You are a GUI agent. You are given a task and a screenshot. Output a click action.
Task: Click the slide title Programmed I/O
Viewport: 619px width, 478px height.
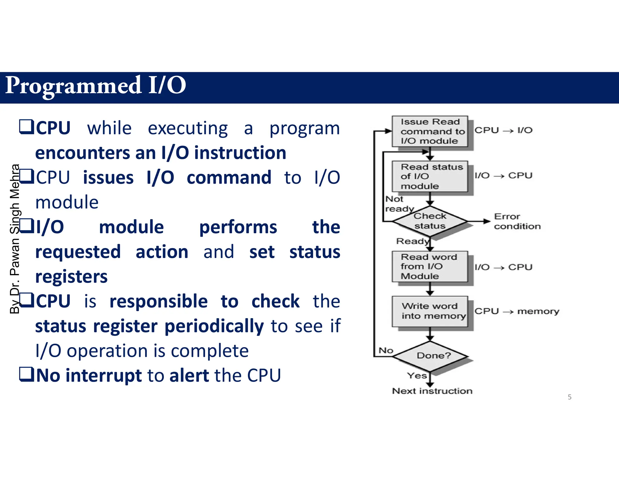[x=96, y=86]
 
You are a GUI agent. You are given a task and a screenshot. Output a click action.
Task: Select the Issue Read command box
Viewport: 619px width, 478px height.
[x=429, y=131]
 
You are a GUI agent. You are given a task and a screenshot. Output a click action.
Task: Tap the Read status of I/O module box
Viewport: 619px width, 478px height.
[x=429, y=176]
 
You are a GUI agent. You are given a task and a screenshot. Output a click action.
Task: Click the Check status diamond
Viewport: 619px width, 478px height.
[x=429, y=221]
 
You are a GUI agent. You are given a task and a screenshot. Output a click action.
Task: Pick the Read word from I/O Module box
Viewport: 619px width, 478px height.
[x=429, y=266]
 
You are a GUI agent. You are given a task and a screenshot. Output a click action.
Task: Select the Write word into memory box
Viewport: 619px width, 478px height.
[x=429, y=311]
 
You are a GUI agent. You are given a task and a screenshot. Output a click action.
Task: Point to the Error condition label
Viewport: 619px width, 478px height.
[x=517, y=221]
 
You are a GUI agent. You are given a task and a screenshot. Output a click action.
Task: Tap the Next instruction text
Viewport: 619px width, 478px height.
[x=432, y=391]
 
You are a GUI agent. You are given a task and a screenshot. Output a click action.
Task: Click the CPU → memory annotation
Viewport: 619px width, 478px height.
[x=517, y=311]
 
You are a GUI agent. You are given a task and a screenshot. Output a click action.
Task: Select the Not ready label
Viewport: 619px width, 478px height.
[x=398, y=204]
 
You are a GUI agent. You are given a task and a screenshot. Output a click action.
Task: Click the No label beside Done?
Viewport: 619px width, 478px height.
[x=386, y=350]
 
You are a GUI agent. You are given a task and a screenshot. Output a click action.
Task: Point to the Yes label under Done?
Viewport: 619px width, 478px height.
[x=417, y=376]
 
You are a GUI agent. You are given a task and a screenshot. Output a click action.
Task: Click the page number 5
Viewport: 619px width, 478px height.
[x=569, y=397]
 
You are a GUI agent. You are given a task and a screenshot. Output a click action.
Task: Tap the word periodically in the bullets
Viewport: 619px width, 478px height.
[x=214, y=326]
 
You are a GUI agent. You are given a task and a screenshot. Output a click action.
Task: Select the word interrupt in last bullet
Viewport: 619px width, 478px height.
[x=104, y=376]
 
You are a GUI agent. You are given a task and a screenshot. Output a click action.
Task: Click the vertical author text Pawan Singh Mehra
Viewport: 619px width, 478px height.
[x=15, y=239]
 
